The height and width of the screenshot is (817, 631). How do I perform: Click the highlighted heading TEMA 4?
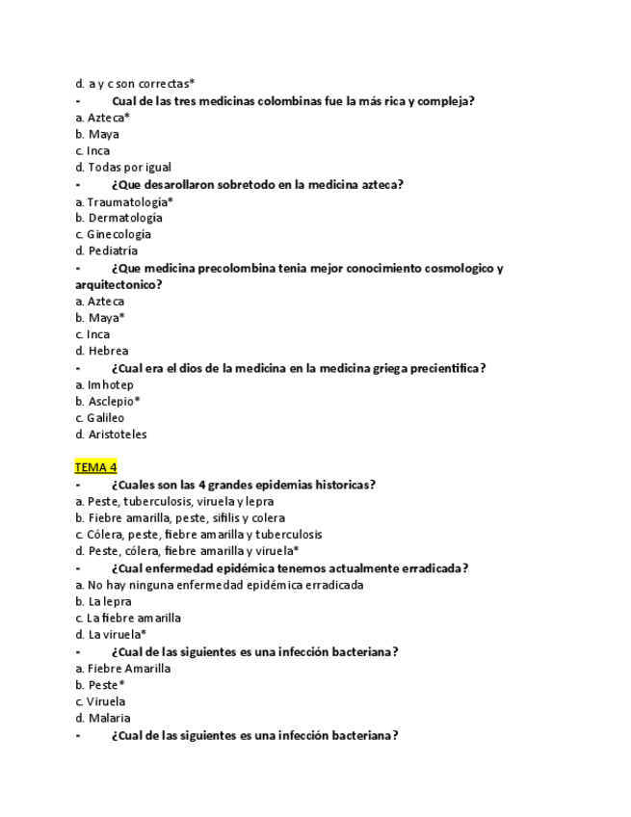pos(95,467)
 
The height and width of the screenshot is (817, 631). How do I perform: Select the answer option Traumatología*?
pos(130,201)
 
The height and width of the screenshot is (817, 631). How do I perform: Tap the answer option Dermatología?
pos(125,218)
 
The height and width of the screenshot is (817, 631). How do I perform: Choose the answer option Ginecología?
pos(118,234)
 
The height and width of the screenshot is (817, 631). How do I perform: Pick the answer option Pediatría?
pos(113,250)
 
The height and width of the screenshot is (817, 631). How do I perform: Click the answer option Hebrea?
pos(107,351)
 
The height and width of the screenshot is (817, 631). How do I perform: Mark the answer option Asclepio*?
pos(114,401)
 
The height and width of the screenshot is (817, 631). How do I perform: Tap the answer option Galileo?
pos(105,418)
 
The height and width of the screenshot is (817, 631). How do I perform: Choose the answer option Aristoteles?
pos(117,435)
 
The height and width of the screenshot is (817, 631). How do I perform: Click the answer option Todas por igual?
pos(129,167)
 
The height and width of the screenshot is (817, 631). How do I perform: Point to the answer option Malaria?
pos(109,718)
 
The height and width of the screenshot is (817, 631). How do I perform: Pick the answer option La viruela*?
pos(118,634)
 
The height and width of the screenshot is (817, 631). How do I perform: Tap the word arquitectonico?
pos(118,284)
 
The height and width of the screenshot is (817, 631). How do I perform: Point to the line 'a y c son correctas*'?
pos(141,84)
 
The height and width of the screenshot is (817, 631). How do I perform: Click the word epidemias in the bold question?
pos(282,485)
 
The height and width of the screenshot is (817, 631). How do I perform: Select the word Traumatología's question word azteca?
pos(381,184)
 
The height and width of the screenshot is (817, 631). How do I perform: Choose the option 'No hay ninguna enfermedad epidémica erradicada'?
pos(225,585)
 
